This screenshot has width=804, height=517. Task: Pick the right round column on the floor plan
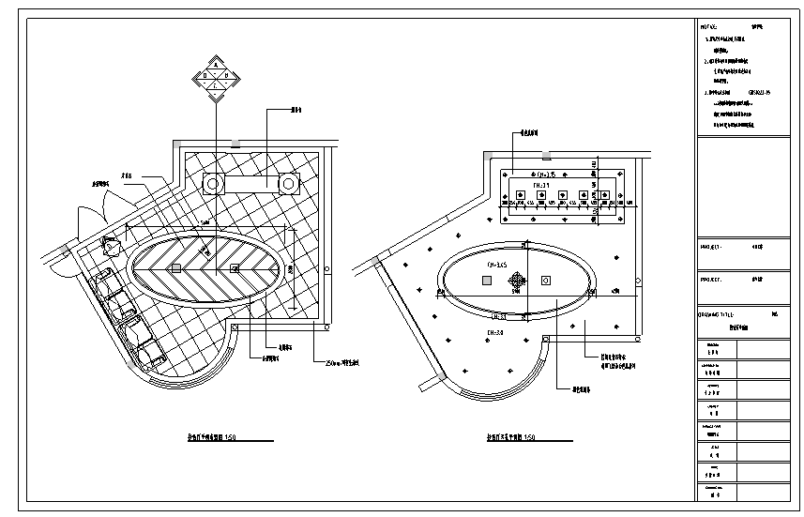point(288,184)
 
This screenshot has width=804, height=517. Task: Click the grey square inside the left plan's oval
point(175,268)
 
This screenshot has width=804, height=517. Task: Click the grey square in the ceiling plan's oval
point(486,280)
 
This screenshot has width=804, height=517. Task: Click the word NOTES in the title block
point(710,27)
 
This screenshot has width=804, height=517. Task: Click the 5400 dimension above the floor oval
point(205,221)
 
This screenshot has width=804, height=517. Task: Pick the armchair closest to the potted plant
point(105,279)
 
